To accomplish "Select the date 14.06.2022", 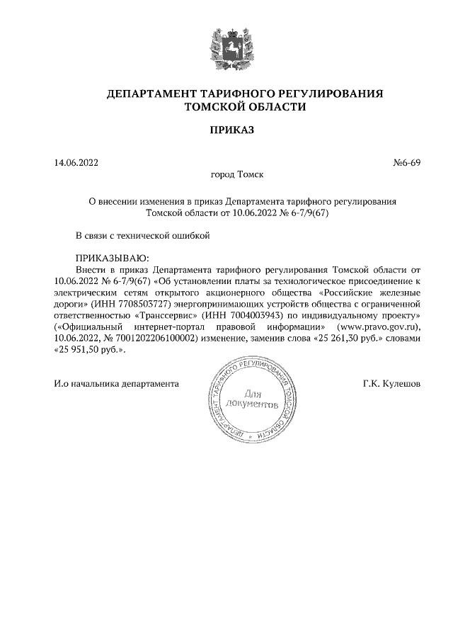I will point(76,163).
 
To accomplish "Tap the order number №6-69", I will point(406,163).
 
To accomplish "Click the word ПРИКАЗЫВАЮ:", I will point(113,259).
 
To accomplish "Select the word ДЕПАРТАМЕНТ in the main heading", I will point(148,93).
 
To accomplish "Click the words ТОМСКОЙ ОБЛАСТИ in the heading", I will point(245,107).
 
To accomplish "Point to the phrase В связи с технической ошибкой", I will point(144,235).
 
